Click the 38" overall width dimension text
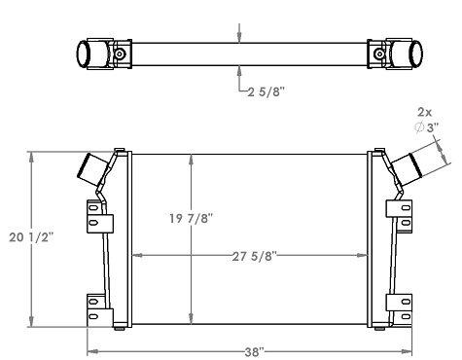255,351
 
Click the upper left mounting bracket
97,215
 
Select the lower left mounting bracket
97,309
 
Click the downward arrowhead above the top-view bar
239,36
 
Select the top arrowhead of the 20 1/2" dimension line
32,156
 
